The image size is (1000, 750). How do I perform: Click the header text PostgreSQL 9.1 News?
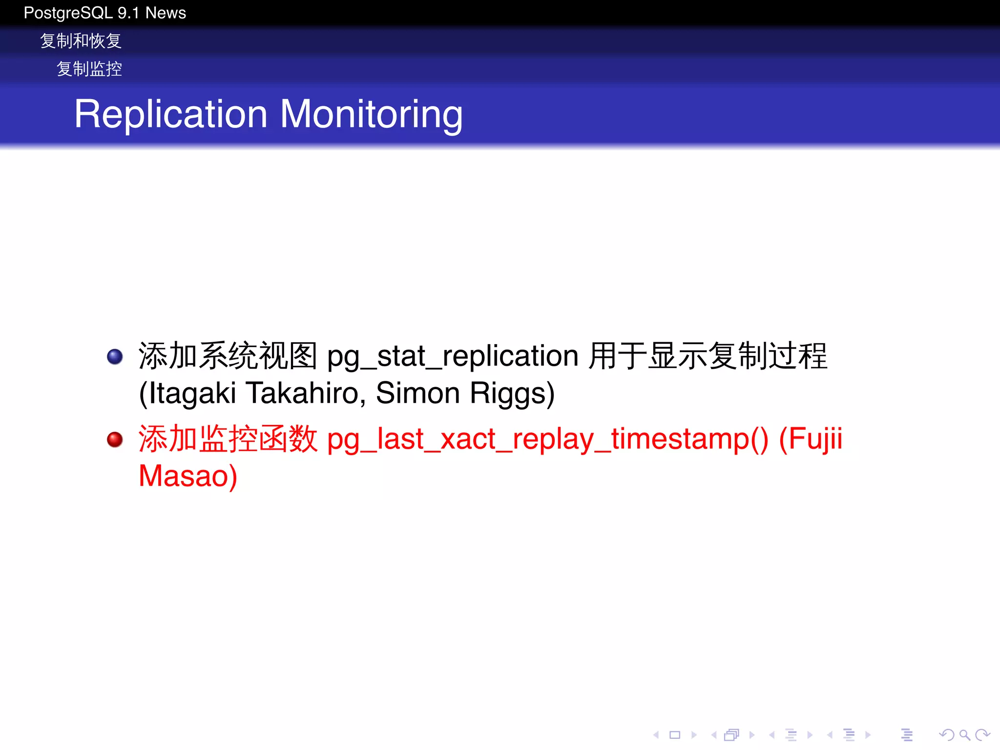click(104, 13)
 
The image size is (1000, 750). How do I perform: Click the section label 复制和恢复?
click(81, 41)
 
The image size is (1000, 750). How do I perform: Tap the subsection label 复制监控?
click(89, 69)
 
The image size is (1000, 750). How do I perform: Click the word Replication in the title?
click(171, 114)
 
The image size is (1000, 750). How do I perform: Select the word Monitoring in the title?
click(371, 114)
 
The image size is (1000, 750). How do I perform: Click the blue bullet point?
click(115, 356)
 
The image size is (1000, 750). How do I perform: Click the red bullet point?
click(115, 439)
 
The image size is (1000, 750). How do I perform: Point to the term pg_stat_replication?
click(453, 356)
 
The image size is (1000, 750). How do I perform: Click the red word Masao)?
click(188, 477)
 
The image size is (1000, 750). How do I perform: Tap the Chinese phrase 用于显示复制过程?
click(708, 356)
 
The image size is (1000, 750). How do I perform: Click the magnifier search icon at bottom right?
click(964, 735)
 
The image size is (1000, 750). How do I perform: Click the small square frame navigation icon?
click(675, 735)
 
